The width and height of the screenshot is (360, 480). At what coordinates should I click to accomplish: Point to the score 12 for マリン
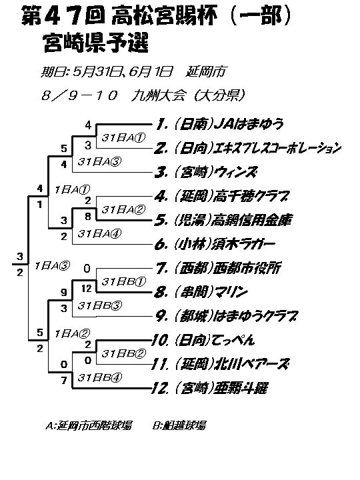pos(87,289)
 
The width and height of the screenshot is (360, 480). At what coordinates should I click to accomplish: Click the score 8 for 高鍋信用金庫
pos(88,217)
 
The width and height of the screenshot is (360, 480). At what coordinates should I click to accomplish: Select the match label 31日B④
pos(99,377)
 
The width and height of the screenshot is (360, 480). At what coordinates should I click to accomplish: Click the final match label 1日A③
pos(53,265)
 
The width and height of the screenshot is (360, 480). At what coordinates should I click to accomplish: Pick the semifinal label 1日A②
pos(72,333)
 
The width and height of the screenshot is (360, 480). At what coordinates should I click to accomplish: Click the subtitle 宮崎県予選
pos(96,43)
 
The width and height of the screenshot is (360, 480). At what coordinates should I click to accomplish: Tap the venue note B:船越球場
pos(179,425)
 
